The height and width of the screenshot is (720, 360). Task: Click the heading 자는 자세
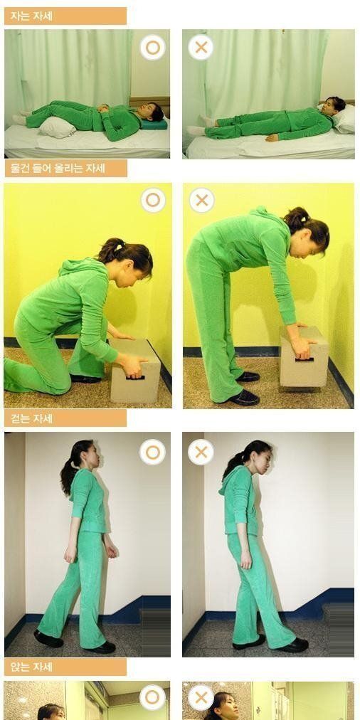click(31, 16)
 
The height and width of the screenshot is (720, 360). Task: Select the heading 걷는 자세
click(31, 418)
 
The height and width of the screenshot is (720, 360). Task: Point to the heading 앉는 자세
click(31, 667)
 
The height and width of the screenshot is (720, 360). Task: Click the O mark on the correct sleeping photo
click(152, 47)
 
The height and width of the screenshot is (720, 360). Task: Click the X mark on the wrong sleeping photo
click(201, 47)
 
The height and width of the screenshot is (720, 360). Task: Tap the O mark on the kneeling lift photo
click(153, 200)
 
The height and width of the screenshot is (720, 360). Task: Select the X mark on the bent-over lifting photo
click(201, 200)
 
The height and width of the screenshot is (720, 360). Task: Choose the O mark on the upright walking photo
click(152, 452)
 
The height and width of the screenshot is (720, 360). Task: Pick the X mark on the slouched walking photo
click(201, 452)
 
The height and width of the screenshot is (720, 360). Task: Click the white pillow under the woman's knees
click(57, 127)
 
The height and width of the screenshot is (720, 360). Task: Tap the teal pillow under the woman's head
click(154, 124)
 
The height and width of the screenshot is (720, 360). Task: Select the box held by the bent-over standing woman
click(304, 356)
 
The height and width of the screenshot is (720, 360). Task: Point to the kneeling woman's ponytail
click(110, 250)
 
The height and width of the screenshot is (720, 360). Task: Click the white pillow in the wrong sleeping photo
click(344, 119)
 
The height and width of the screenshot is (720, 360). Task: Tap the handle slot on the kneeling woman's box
click(135, 378)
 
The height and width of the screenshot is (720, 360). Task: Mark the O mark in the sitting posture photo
click(152, 697)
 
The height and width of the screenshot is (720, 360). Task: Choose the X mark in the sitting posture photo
click(201, 697)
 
